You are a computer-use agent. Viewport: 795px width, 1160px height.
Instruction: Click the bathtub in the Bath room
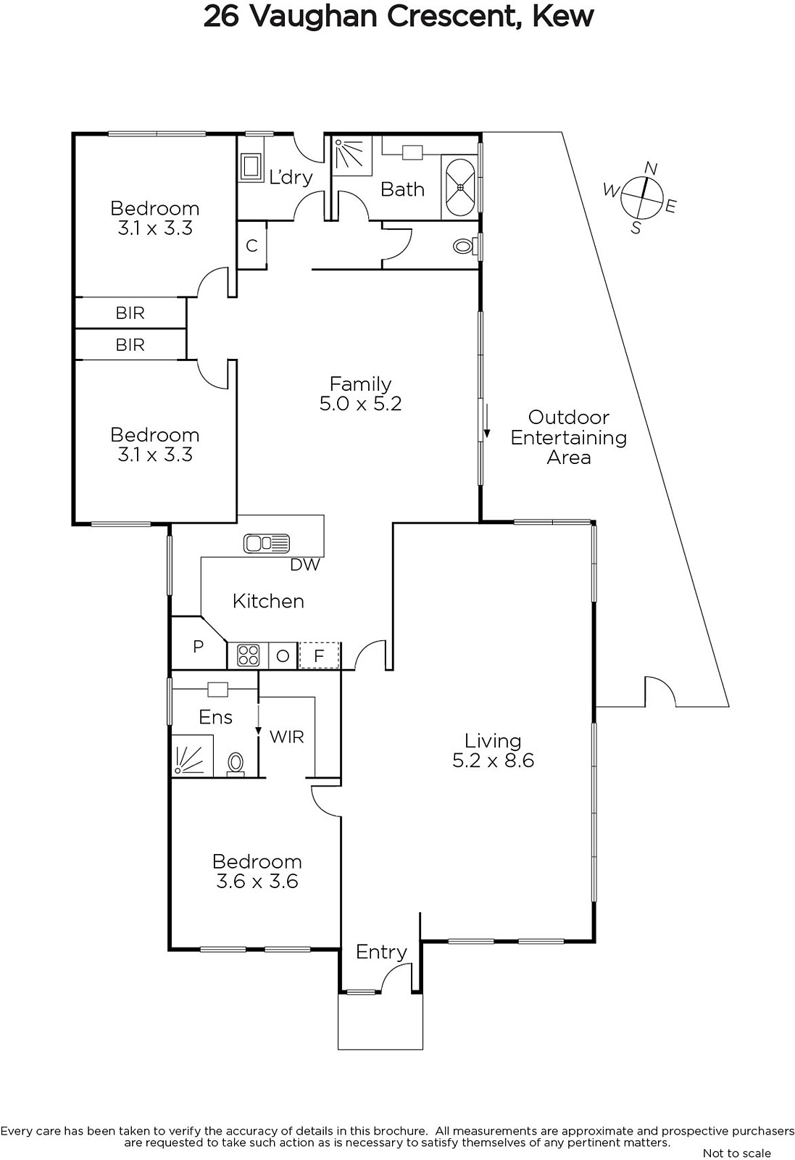coord(459,187)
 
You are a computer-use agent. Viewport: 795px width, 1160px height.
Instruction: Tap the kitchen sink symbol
coord(267,544)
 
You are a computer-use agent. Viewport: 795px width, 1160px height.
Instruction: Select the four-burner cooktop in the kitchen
coord(248,655)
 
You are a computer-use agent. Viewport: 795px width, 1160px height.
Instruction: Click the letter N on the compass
coord(651,168)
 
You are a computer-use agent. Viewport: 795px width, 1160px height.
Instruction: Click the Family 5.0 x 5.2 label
coord(360,394)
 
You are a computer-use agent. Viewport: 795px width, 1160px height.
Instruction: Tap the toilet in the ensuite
coord(236,764)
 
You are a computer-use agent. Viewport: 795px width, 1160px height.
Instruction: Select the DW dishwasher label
coord(305,565)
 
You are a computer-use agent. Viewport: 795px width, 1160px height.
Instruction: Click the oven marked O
coord(283,656)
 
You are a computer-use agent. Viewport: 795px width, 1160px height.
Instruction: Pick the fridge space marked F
coord(319,656)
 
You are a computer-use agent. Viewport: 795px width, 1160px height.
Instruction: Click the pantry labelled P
coord(199,646)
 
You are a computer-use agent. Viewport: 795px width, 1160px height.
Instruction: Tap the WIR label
coord(287,737)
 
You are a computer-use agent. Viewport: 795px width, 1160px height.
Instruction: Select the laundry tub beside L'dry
coord(251,167)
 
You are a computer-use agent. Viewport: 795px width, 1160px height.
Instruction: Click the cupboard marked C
coord(251,246)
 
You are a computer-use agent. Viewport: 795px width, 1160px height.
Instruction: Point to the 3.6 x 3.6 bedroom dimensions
coord(257,882)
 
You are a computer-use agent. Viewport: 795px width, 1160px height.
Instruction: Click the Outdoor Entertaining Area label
coord(568,438)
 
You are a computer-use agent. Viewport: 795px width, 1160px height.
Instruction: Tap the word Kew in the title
coord(563,16)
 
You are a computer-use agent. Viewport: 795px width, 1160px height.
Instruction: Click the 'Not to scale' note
coord(736,1153)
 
